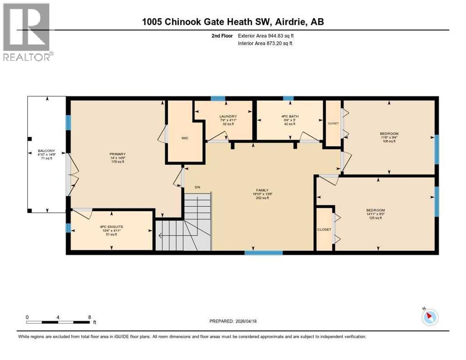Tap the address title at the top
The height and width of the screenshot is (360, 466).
pyautogui.click(x=233, y=22)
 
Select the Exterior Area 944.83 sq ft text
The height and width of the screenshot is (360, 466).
pyautogui.click(x=266, y=36)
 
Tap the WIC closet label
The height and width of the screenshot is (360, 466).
pyautogui.click(x=185, y=139)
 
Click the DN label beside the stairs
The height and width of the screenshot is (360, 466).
pyautogui.click(x=198, y=187)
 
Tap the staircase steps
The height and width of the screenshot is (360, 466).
pyautogui.click(x=192, y=225)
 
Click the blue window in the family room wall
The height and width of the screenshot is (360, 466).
pyautogui.click(x=263, y=253)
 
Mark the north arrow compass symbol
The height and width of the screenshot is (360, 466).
pyautogui.click(x=429, y=317)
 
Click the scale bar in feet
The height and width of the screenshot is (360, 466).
pyautogui.click(x=58, y=322)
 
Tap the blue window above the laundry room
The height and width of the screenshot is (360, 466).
pyautogui.click(x=218, y=98)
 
